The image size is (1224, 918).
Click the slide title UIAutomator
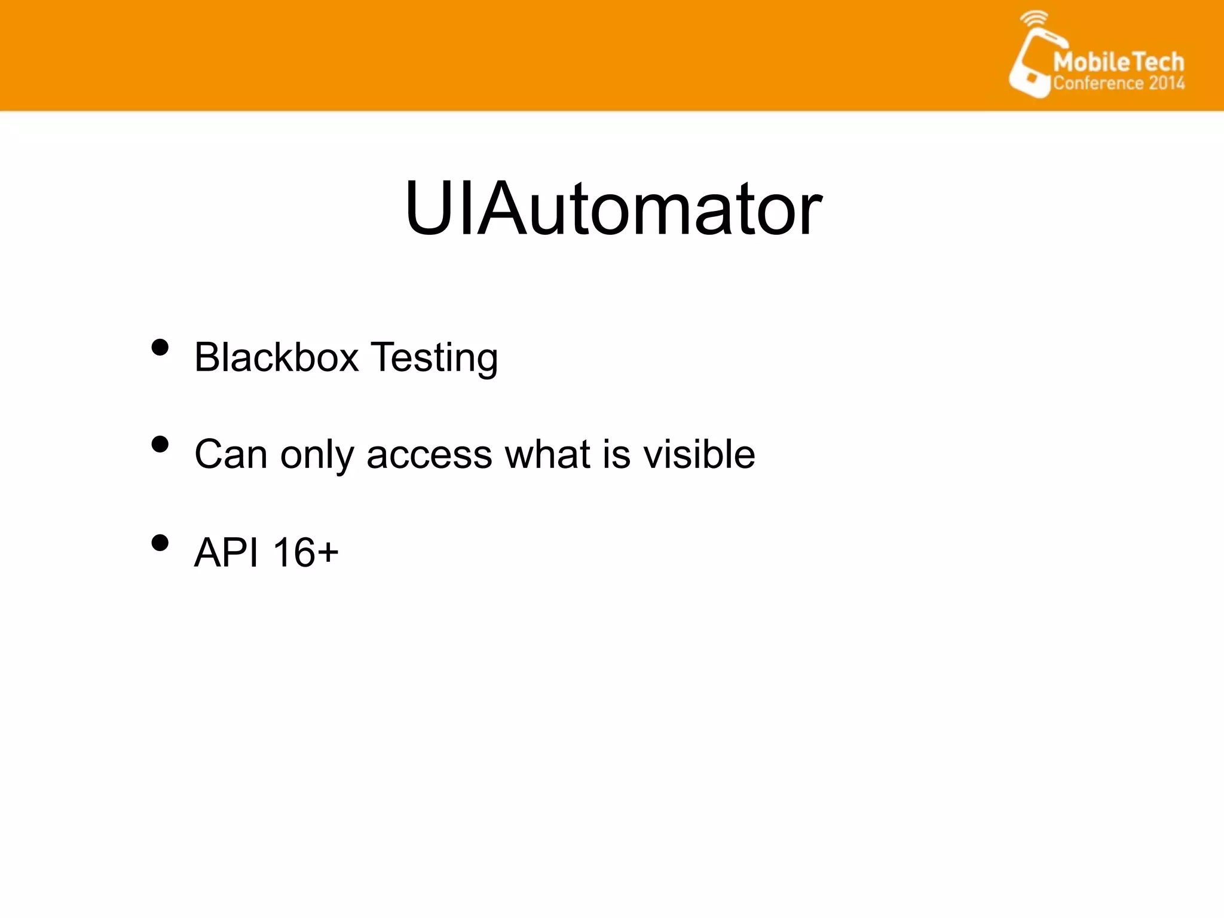tap(613, 209)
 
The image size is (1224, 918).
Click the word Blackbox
tap(276, 357)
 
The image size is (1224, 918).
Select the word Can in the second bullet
tap(231, 454)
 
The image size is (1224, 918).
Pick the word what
tap(547, 454)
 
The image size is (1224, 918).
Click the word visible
tap(699, 454)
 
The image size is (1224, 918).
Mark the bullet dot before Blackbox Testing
tap(160, 347)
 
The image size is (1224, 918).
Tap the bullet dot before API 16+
tap(160, 543)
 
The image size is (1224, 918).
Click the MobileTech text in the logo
tap(1118, 62)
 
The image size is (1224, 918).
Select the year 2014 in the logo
tap(1166, 83)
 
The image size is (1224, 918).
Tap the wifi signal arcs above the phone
tap(1033, 19)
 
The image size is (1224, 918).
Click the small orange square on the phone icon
tap(1031, 78)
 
